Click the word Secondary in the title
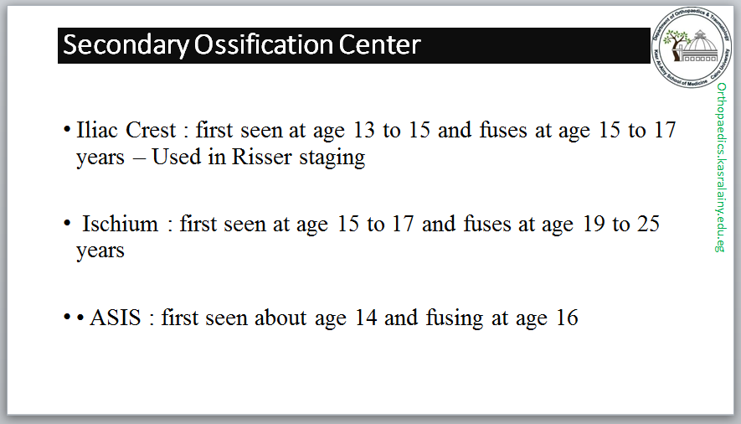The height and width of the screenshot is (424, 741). point(126,46)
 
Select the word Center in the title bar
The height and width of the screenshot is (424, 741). point(379,45)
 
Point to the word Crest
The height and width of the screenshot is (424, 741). point(151,130)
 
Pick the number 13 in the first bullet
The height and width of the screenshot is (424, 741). point(364,130)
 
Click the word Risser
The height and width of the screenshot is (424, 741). point(261,157)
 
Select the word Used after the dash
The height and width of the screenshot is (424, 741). point(177,157)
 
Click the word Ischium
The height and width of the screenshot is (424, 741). point(121,224)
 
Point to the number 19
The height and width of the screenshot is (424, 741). point(594,224)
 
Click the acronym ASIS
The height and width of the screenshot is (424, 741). point(116,318)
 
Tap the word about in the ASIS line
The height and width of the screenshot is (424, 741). point(280,318)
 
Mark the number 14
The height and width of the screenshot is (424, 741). point(366,318)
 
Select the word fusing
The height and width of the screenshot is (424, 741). point(455,318)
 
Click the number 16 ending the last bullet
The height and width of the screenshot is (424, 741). point(567,318)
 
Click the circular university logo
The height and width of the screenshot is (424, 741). point(692,47)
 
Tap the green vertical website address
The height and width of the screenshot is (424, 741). point(721,168)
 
